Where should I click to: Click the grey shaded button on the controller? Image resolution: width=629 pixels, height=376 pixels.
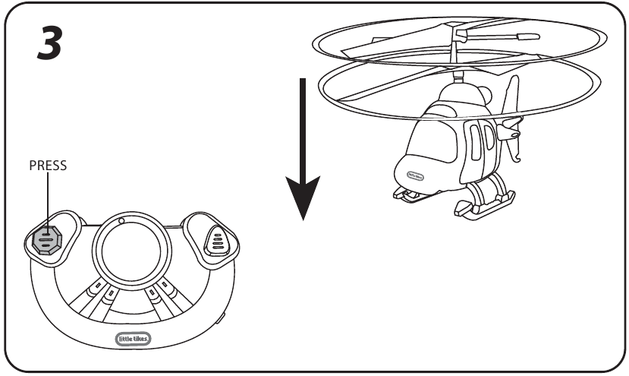click(x=46, y=239)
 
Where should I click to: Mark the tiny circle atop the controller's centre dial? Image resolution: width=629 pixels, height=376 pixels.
click(x=121, y=222)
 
